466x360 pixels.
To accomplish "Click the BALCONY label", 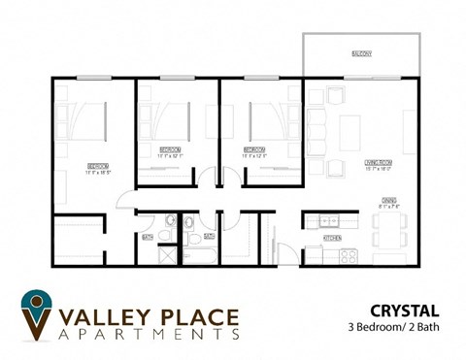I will coord(361,53).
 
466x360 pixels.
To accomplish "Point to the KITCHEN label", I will coord(331,238).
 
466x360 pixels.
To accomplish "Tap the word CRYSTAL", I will coord(404,311).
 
